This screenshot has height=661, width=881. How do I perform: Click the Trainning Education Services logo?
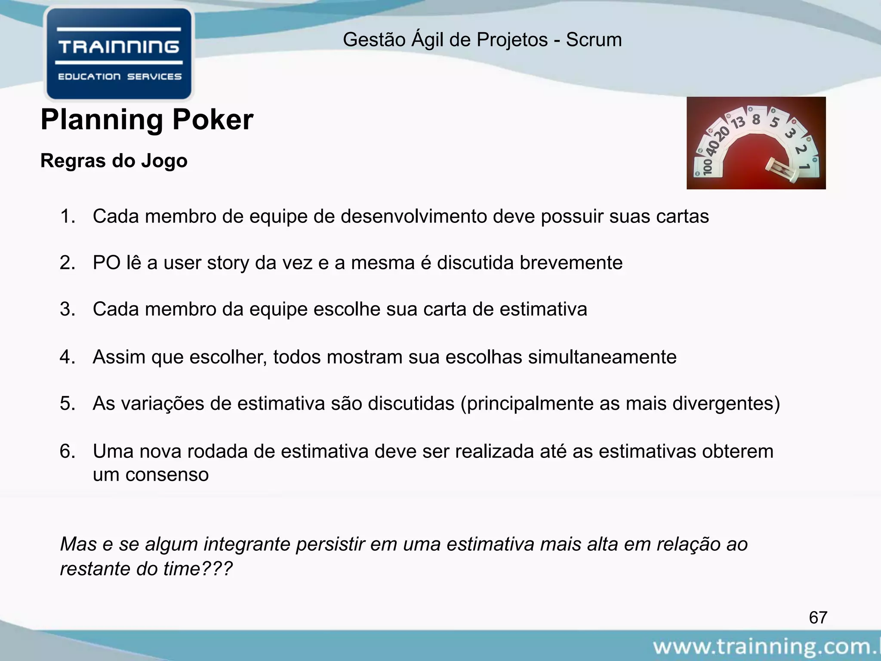tap(119, 54)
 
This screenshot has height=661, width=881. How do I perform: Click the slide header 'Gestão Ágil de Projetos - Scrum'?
tap(482, 40)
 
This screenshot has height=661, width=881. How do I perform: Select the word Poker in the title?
tap(213, 120)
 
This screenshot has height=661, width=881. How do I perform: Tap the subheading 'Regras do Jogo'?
tap(114, 161)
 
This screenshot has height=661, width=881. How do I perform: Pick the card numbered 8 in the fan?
tap(756, 119)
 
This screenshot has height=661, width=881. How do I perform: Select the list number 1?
tap(68, 216)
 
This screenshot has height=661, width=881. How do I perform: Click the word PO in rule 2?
tap(107, 263)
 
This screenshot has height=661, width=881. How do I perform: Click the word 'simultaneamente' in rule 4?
tap(602, 357)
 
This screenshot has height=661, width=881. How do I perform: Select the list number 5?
tap(68, 404)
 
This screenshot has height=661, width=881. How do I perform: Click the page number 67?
tap(818, 618)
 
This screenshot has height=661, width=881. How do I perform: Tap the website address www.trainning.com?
tap(766, 646)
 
